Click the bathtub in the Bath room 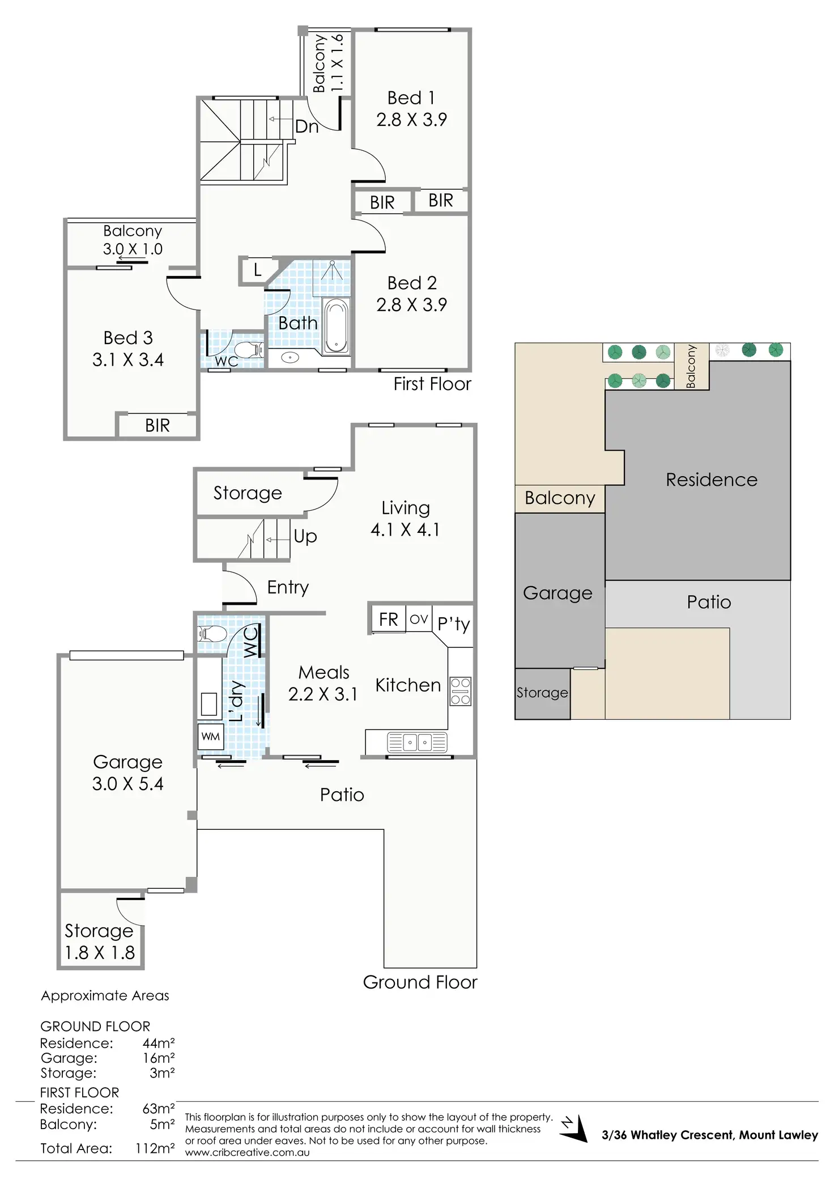[x=336, y=326]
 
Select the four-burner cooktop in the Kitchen [x=460, y=691]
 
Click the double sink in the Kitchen [x=417, y=742]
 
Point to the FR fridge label [x=388, y=620]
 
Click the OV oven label [x=419, y=619]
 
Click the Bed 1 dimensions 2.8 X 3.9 [x=411, y=120]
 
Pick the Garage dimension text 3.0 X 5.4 [x=127, y=784]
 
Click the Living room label [x=405, y=508]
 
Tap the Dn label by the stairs [x=307, y=126]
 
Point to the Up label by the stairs [x=305, y=536]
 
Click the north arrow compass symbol [x=574, y=1129]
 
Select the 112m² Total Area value [x=155, y=1148]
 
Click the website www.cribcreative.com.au [x=247, y=1152]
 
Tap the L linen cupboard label [x=257, y=270]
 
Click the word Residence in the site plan [x=711, y=480]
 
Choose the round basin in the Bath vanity [x=290, y=358]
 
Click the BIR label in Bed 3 [x=157, y=426]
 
